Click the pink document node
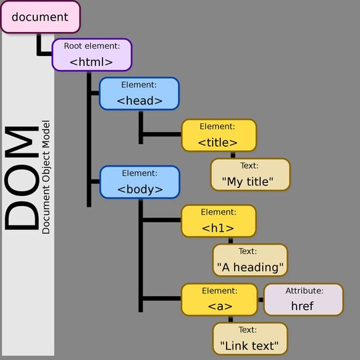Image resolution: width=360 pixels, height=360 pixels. click(40, 17)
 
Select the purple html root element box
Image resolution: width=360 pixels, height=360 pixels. click(92, 55)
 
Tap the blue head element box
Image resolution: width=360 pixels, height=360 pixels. click(139, 93)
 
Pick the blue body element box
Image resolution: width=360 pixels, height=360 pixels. click(139, 181)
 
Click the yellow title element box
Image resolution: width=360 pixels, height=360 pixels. click(218, 135)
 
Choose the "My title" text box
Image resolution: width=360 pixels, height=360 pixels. click(251, 175)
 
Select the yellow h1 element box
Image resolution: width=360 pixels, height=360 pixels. click(218, 221)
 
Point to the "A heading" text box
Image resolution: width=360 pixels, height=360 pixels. click(251, 261)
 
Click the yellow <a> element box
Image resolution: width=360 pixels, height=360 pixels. click(219, 299)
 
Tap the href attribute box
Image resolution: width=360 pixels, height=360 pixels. click(303, 299)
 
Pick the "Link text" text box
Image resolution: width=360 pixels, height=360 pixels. click(251, 339)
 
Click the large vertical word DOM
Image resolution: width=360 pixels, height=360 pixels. click(21, 178)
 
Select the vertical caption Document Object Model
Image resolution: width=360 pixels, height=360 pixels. click(45, 177)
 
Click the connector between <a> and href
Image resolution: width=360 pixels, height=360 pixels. click(261, 299)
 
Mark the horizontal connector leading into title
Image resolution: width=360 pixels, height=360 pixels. click(161, 135)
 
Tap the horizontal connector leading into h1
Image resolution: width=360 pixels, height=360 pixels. click(161, 220)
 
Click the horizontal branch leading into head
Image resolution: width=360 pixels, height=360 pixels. click(94, 94)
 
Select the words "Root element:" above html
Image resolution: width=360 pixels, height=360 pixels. click(92, 46)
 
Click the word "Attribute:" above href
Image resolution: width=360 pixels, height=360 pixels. click(304, 291)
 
